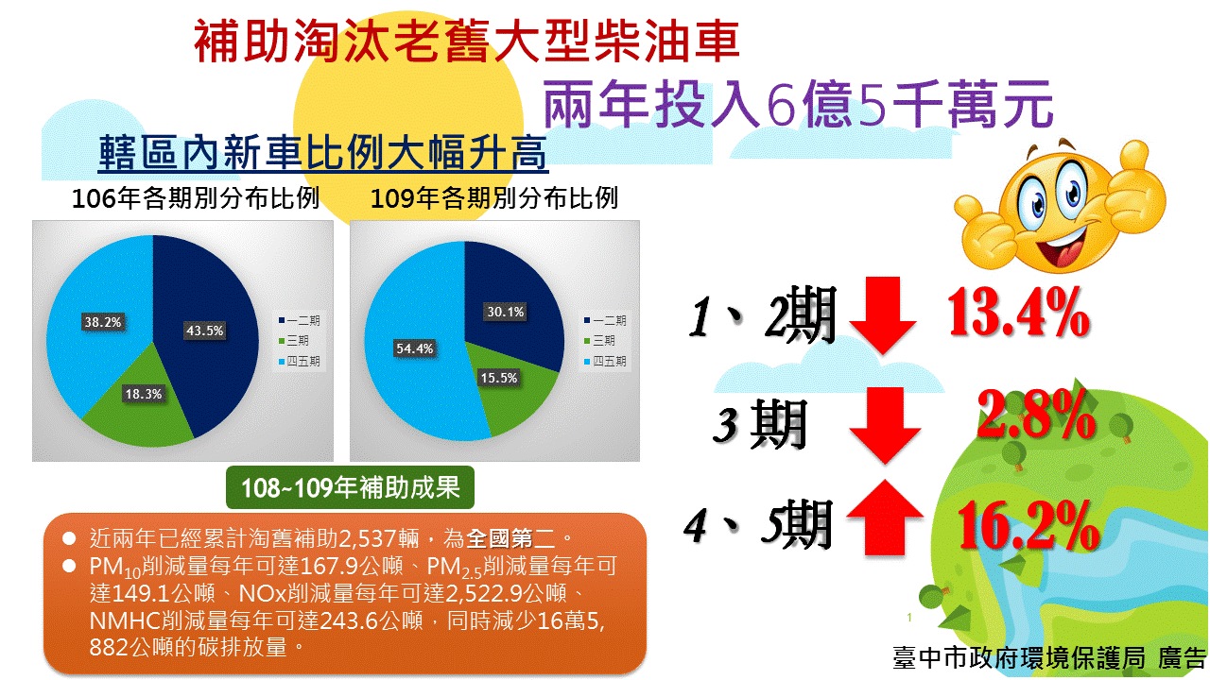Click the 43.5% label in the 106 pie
[x=205, y=331]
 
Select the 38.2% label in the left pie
[x=103, y=322]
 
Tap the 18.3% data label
[x=144, y=394]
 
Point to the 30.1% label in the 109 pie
[x=506, y=312]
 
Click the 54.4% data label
[x=414, y=348]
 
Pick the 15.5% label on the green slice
[x=499, y=378]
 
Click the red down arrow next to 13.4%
[x=883, y=314]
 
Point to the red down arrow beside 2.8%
[x=885, y=425]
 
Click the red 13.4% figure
[x=1019, y=312]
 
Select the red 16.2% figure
[x=1028, y=524]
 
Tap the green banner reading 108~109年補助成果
[x=350, y=487]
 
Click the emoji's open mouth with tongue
[x=1059, y=249]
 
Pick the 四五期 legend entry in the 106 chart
[x=300, y=361]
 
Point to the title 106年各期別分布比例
[x=195, y=198]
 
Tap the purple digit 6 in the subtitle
[x=782, y=105]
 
